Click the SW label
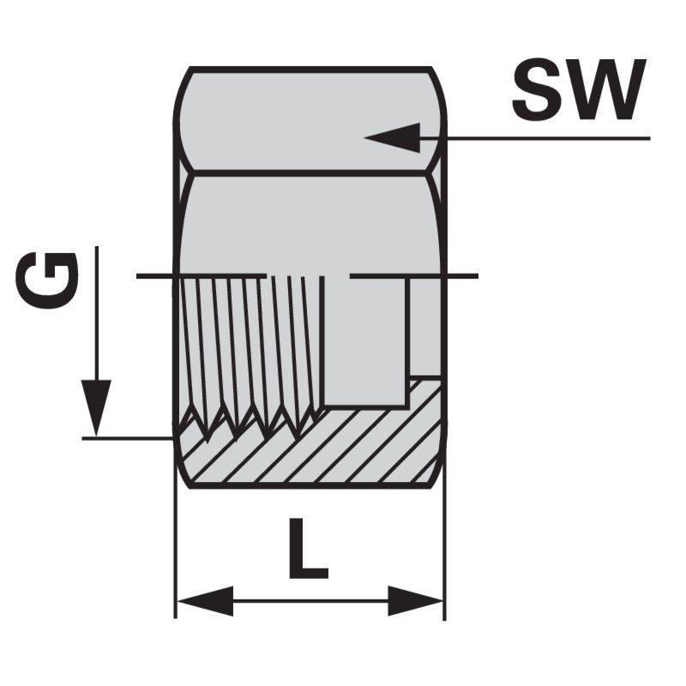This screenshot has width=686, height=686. click(x=579, y=89)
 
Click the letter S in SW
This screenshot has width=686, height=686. click(x=536, y=89)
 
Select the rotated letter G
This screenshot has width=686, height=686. click(x=47, y=280)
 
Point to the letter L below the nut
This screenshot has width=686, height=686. click(x=308, y=548)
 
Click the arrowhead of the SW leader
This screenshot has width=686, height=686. click(x=393, y=137)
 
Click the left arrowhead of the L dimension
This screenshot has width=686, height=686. click(x=204, y=601)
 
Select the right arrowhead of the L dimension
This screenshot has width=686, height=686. click(x=416, y=601)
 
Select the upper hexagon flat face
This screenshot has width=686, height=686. click(x=310, y=119)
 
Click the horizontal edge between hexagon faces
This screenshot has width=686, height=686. click(x=310, y=174)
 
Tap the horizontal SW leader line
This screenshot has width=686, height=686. click(x=534, y=138)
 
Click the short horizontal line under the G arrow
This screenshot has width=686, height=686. click(x=127, y=437)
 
